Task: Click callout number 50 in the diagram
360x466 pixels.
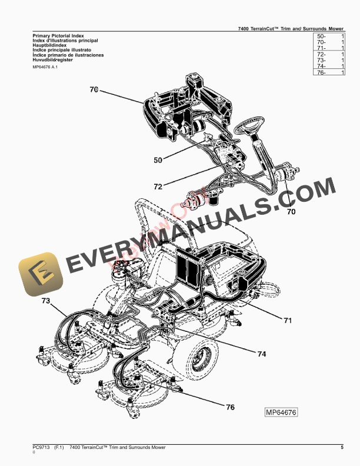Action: tap(158, 159)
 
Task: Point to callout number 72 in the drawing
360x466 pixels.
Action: tap(158, 187)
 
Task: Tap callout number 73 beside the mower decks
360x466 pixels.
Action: tap(46, 301)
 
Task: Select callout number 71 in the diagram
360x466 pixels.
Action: tap(288, 321)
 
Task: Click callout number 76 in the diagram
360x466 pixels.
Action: tap(231, 407)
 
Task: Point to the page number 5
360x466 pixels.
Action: tap(342, 448)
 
